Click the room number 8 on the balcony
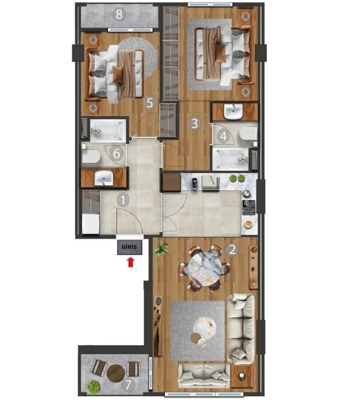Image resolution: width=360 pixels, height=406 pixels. click(x=119, y=14)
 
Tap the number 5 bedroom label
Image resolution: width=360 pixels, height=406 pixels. click(x=150, y=103)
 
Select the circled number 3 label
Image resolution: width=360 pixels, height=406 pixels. click(x=194, y=123)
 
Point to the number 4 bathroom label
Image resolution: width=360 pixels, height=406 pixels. click(x=224, y=136)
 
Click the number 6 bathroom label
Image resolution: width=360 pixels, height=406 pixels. click(x=117, y=154)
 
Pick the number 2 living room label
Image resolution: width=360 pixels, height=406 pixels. click(x=232, y=250)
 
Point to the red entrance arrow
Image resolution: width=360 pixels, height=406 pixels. click(x=131, y=262)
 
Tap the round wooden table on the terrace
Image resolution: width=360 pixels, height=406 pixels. click(x=116, y=374)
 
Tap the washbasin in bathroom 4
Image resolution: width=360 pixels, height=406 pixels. click(x=233, y=111)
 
